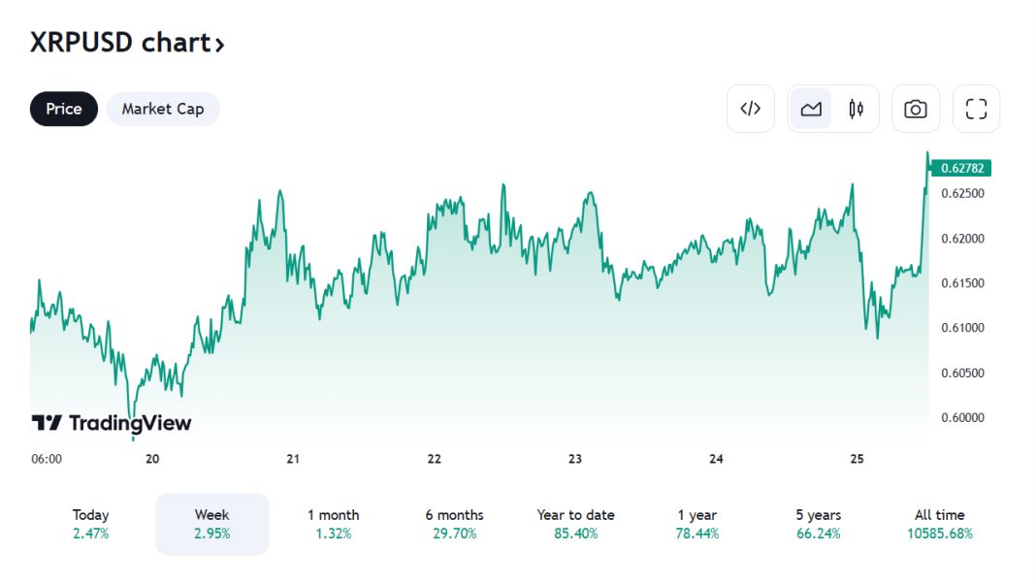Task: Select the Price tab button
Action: pos(64,109)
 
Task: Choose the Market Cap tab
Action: pos(163,109)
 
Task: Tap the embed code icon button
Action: pos(750,109)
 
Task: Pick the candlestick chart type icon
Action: pos(856,109)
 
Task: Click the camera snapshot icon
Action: pos(915,109)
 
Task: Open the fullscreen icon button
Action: pos(976,109)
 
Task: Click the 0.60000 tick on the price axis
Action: pos(962,418)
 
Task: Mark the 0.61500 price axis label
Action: pos(962,283)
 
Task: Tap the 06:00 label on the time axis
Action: pos(47,459)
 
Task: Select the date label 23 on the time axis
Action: pos(575,459)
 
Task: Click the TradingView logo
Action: pos(112,423)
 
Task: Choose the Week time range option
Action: pos(211,524)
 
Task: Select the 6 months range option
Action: pos(454,524)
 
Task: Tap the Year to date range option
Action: pos(575,524)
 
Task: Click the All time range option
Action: pos(939,524)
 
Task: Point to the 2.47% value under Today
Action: pos(90,534)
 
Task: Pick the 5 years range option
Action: pos(818,524)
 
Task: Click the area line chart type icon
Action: pos(811,109)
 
